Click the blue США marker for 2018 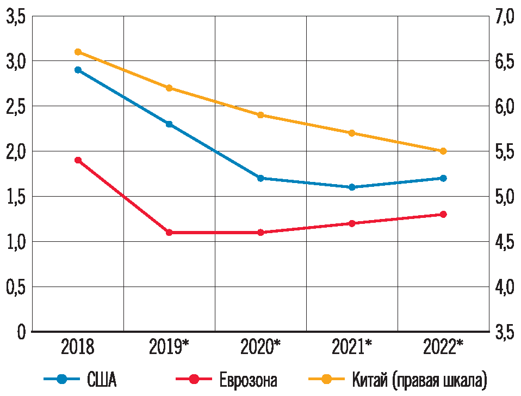(x=78, y=70)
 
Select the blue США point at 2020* (x=260, y=178)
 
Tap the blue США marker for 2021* (x=352, y=187)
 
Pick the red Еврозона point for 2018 (x=78, y=160)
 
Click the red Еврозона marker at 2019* (x=169, y=233)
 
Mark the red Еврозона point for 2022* (x=443, y=214)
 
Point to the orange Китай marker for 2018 (x=78, y=52)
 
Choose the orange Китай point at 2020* (x=260, y=115)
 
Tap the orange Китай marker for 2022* (x=443, y=151)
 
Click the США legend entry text (x=102, y=379)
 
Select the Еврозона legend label (x=248, y=379)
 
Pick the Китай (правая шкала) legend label (x=418, y=379)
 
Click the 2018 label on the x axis (x=78, y=347)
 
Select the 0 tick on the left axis (x=21, y=332)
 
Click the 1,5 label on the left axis (x=16, y=197)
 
